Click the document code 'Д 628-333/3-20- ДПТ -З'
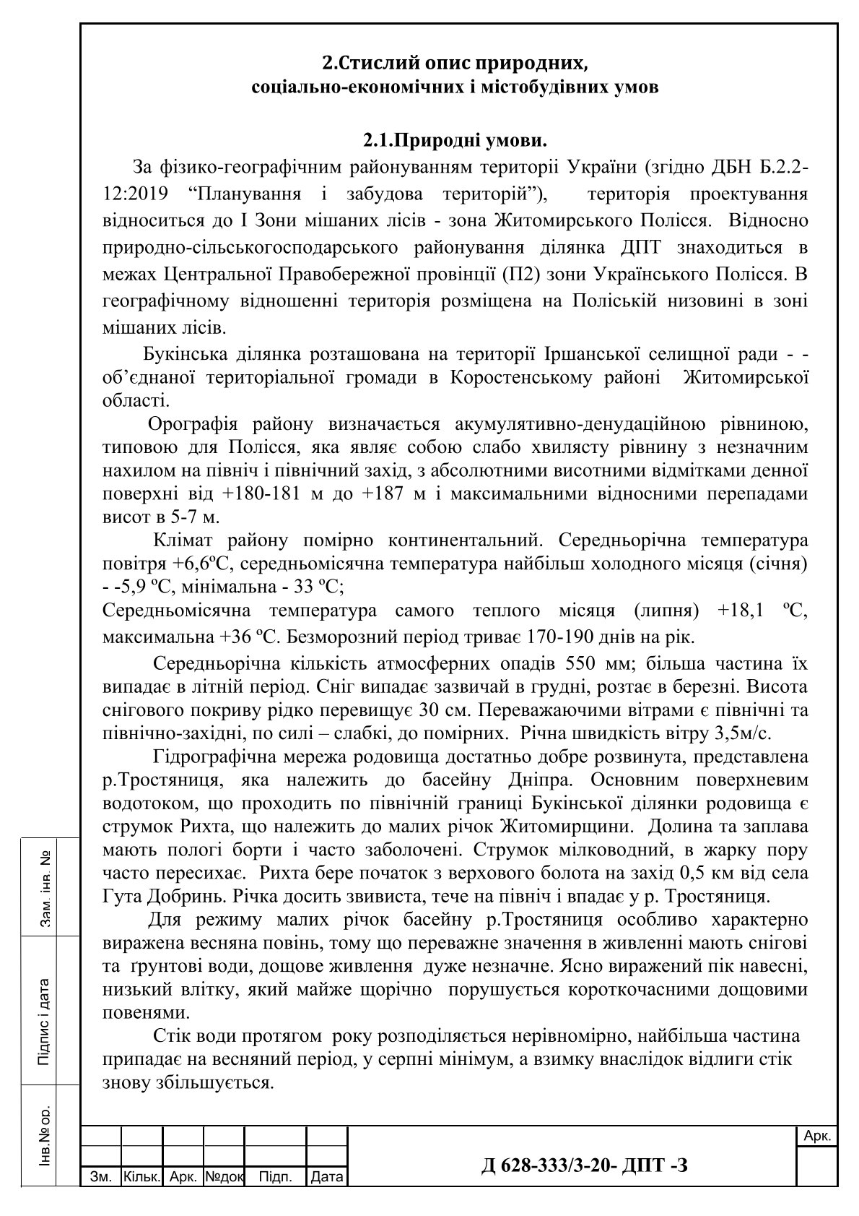(584, 1165)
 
